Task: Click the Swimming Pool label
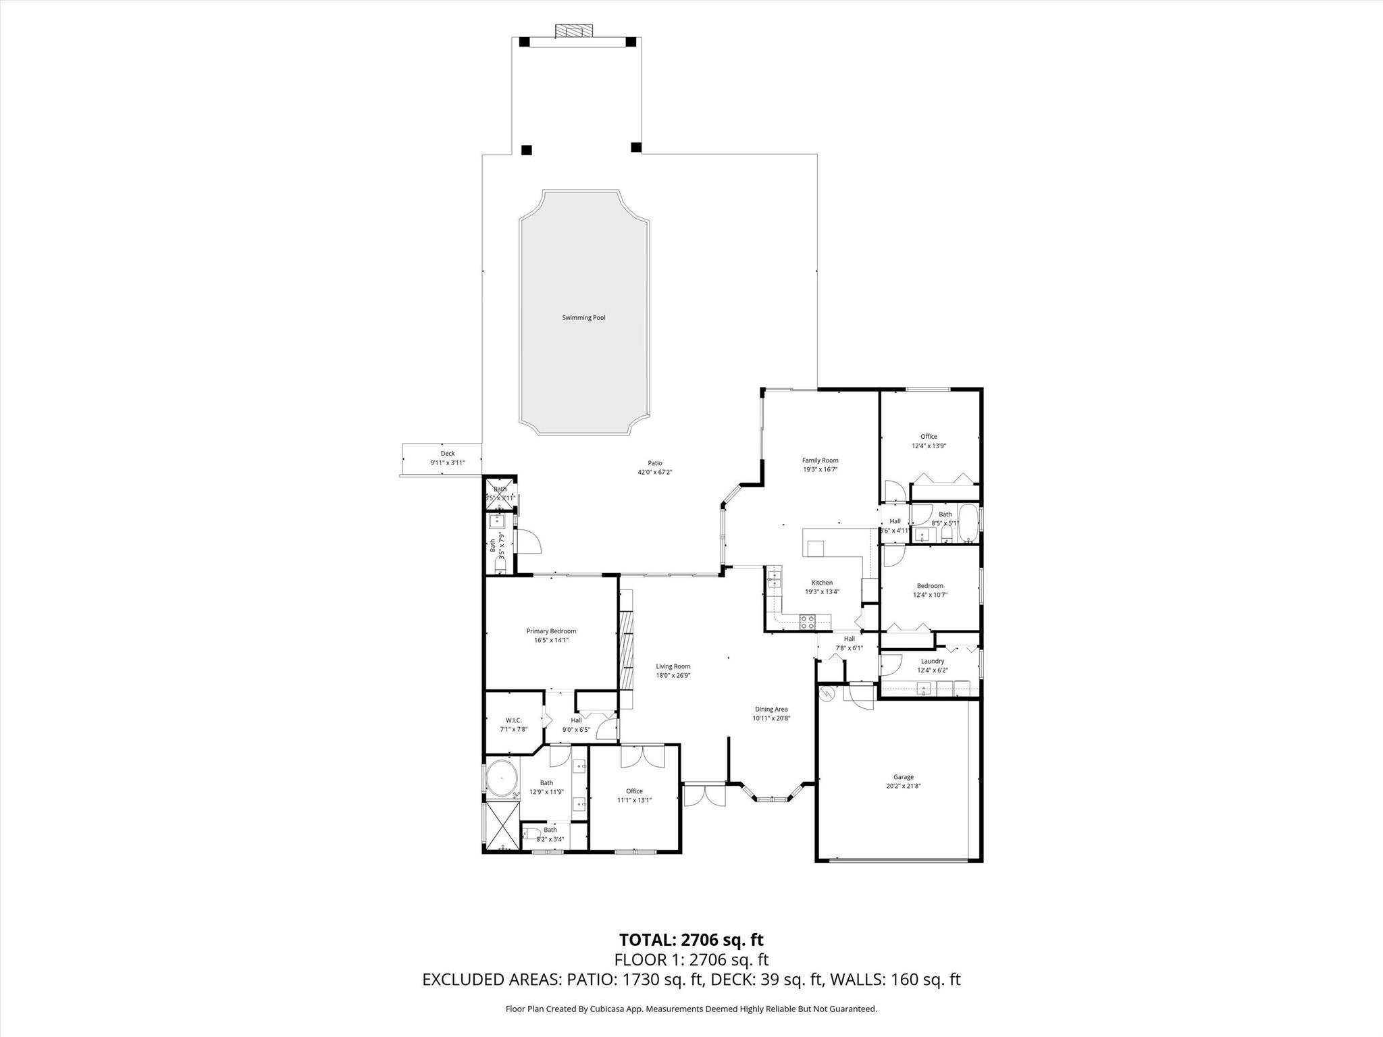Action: click(583, 317)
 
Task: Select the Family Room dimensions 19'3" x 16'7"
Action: click(820, 469)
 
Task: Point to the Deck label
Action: click(448, 454)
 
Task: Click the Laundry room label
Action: click(932, 661)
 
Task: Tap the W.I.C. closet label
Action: click(513, 720)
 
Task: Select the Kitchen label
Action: click(822, 583)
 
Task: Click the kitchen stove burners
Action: click(807, 622)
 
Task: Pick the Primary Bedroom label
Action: click(551, 631)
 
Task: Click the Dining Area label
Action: click(771, 709)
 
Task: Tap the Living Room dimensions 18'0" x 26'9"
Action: click(673, 675)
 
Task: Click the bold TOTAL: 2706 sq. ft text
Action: click(691, 940)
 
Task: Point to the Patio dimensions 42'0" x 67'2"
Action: click(655, 472)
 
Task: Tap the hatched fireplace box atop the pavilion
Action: click(574, 31)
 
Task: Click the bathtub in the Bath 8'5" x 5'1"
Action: click(968, 523)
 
